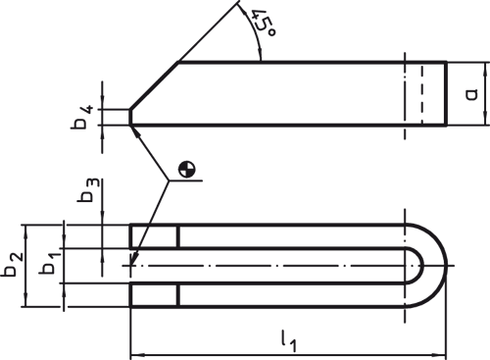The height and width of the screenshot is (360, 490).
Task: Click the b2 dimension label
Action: (x=13, y=264)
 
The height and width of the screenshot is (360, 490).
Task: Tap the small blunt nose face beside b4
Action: (x=130, y=117)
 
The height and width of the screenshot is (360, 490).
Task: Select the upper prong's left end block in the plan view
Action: (x=154, y=236)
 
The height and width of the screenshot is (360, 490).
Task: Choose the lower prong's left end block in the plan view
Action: (x=154, y=294)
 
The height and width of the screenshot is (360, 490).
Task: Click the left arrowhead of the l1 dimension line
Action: (x=136, y=354)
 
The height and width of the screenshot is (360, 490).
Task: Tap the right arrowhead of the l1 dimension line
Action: (x=441, y=354)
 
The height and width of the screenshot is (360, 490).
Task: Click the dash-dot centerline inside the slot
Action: (x=274, y=265)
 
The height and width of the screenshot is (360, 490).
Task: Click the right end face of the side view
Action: (x=447, y=93)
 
